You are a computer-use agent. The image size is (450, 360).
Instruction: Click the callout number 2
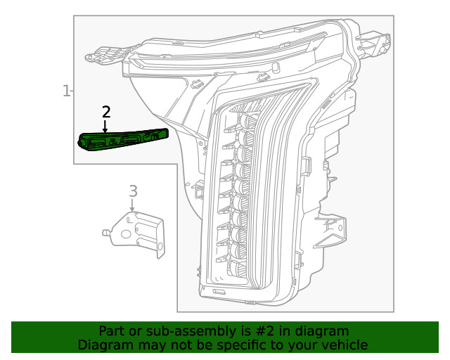[x=106, y=112]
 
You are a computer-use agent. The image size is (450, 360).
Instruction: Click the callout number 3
[x=132, y=191]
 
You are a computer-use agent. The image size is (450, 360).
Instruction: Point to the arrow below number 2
[x=105, y=127]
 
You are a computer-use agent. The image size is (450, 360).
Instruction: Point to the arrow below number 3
[x=132, y=205]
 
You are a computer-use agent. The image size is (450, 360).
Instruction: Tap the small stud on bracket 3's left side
[x=105, y=231]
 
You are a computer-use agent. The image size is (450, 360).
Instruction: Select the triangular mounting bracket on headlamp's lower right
[x=330, y=231]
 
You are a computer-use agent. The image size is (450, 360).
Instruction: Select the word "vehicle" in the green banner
[x=344, y=345]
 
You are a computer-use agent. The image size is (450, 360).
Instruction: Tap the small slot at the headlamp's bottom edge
[x=219, y=291]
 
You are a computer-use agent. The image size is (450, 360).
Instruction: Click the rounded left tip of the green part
[x=81, y=141]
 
